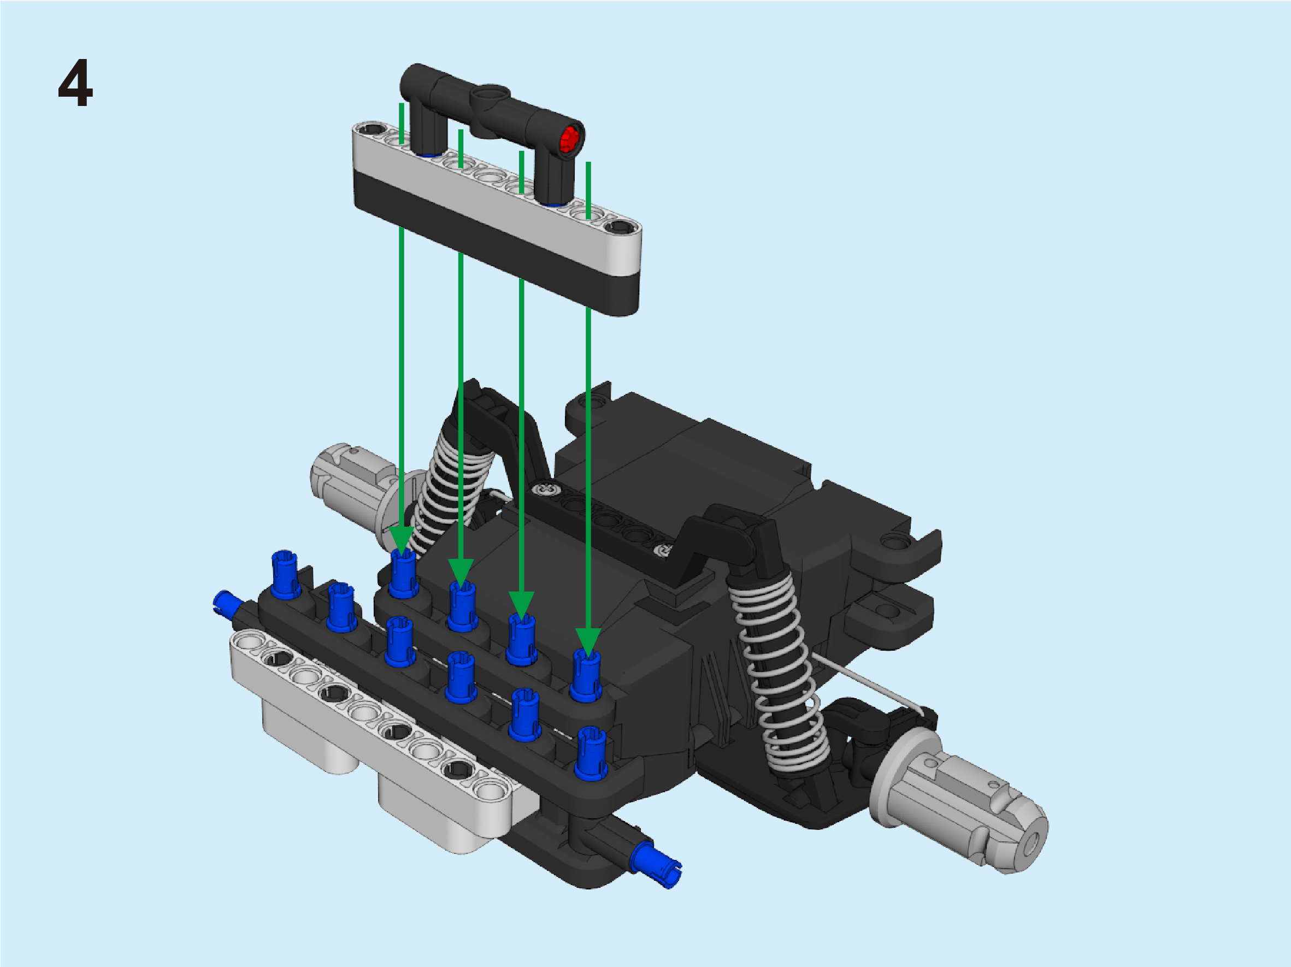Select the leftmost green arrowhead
402,540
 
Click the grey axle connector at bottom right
957,799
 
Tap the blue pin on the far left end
228,602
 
